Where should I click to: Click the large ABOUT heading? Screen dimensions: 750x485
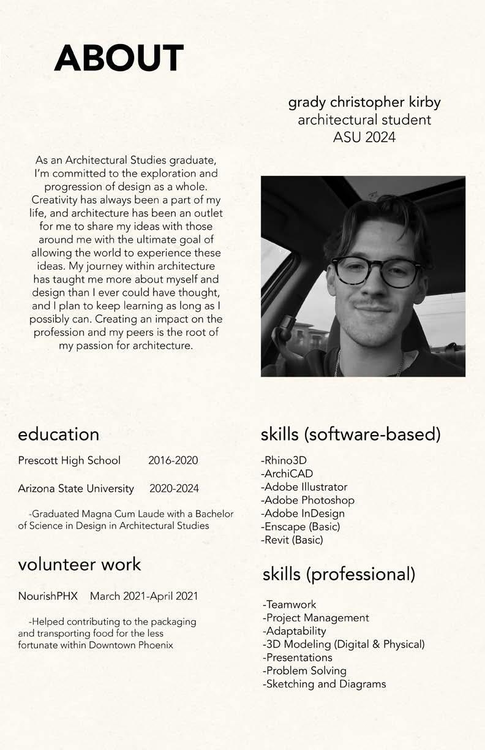coord(119,58)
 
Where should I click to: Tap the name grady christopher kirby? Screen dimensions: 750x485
coord(364,102)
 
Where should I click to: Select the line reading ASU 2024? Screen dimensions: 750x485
coord(364,137)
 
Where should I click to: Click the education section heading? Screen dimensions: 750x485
coord(59,434)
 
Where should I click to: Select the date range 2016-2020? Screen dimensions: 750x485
coord(173,460)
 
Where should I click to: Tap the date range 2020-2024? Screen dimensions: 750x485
coord(174,488)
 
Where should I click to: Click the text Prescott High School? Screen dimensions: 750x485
coord(69,460)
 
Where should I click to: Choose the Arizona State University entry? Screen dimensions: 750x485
coord(76,488)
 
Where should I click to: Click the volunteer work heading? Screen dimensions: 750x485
coord(80,564)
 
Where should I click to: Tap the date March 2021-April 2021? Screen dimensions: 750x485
coord(144,596)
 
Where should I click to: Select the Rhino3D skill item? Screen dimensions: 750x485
coord(284,460)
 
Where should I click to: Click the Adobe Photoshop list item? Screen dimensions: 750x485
coord(307,500)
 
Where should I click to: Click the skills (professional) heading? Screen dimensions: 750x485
coord(339,574)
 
